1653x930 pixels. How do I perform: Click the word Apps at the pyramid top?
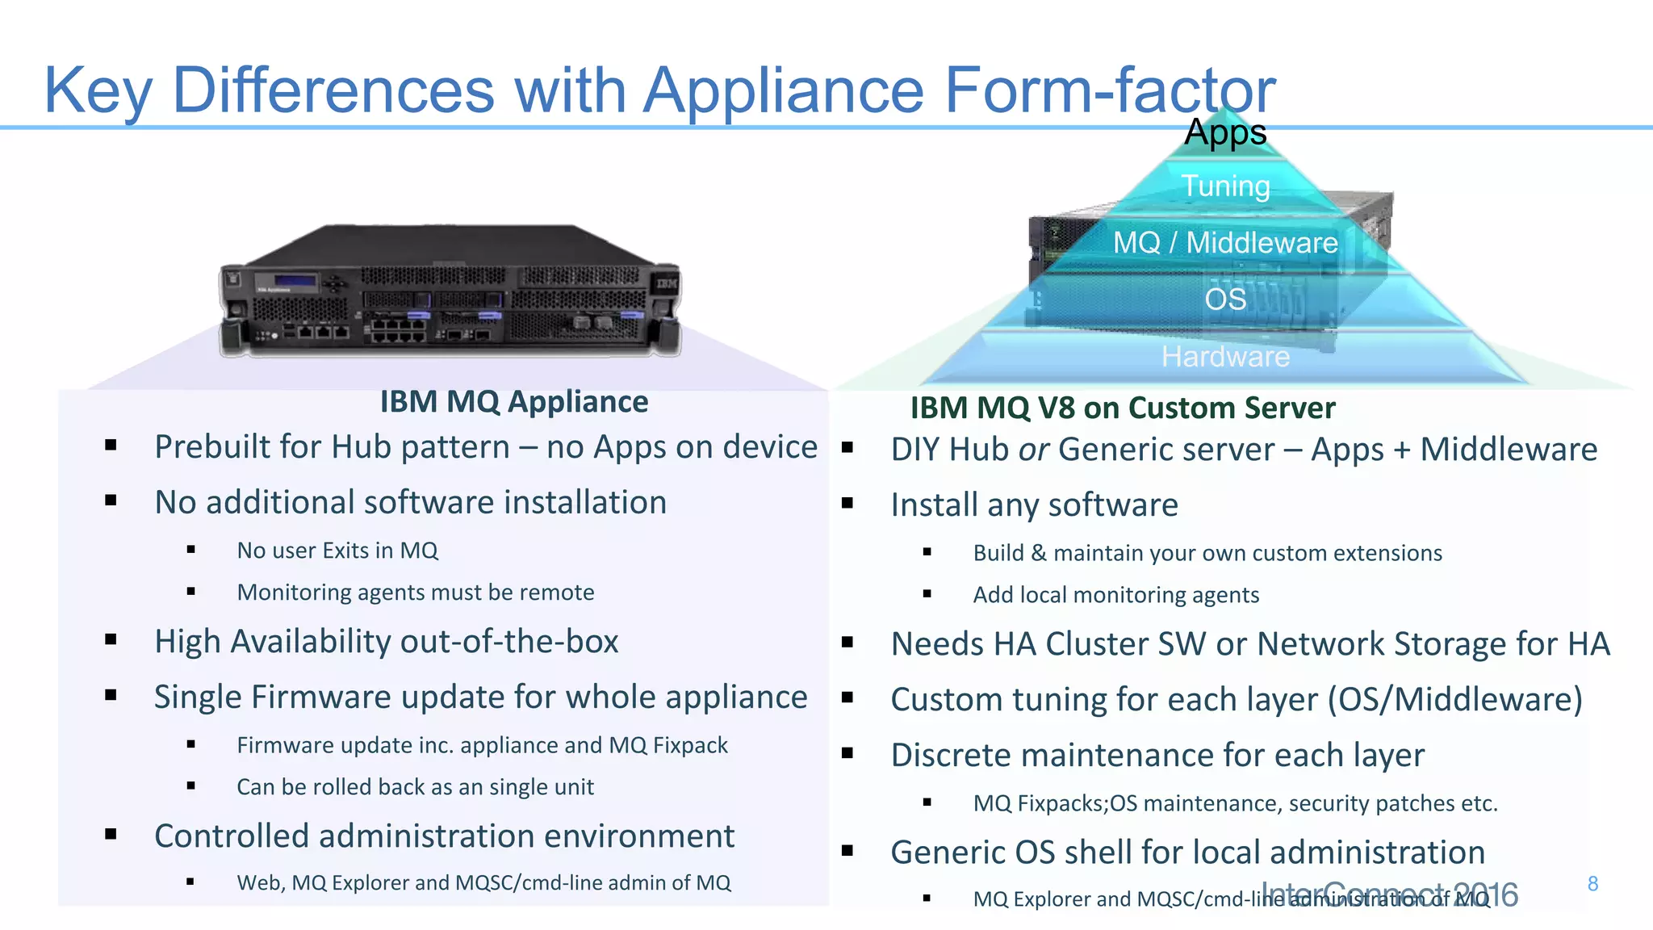click(x=1225, y=132)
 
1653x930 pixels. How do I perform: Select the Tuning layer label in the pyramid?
click(x=1225, y=186)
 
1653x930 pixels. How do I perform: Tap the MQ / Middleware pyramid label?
click(x=1225, y=243)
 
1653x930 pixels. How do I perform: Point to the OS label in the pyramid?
click(x=1225, y=300)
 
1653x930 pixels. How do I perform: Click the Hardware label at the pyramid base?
click(x=1225, y=357)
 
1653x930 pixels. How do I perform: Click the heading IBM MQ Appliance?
click(x=514, y=402)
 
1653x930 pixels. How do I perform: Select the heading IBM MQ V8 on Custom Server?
click(x=1123, y=408)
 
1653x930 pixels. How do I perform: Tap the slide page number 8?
click(x=1592, y=884)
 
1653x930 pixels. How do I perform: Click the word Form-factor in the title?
click(x=1110, y=90)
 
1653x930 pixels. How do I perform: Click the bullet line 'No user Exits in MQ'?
click(x=337, y=551)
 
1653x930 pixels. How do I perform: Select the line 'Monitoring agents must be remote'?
click(x=416, y=593)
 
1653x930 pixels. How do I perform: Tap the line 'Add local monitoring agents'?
click(x=1115, y=595)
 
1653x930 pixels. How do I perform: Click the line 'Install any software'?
click(x=1034, y=505)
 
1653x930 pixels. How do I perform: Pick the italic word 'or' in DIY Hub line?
click(x=1034, y=450)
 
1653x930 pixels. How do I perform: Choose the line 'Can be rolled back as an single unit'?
click(x=415, y=787)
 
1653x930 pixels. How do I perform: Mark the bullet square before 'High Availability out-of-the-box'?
click(x=111, y=640)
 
